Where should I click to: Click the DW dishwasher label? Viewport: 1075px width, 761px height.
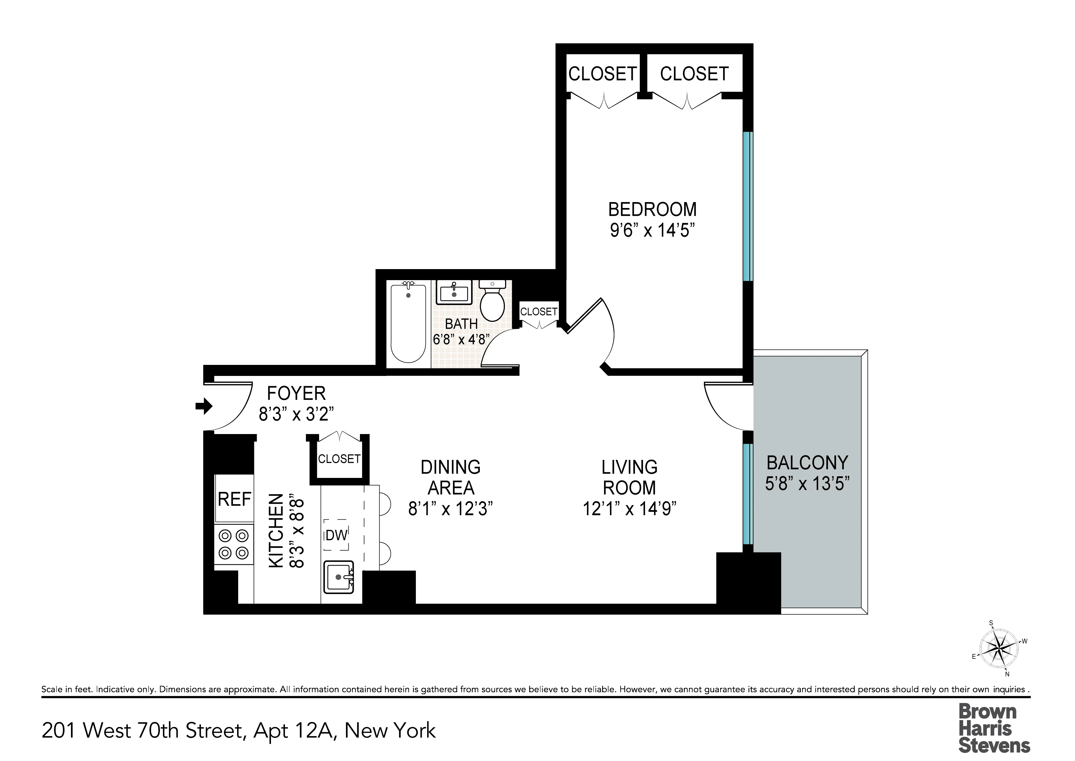pos(336,535)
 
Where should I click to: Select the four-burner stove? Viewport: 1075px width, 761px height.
pos(234,544)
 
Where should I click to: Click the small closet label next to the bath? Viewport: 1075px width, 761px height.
pos(539,312)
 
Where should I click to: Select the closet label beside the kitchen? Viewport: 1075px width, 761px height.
pos(339,459)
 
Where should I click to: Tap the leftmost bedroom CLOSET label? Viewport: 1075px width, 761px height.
pos(603,74)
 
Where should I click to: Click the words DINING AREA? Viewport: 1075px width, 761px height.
pos(451,477)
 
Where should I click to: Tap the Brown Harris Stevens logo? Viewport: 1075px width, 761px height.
pos(994,728)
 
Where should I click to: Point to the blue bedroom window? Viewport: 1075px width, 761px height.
pos(748,206)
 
